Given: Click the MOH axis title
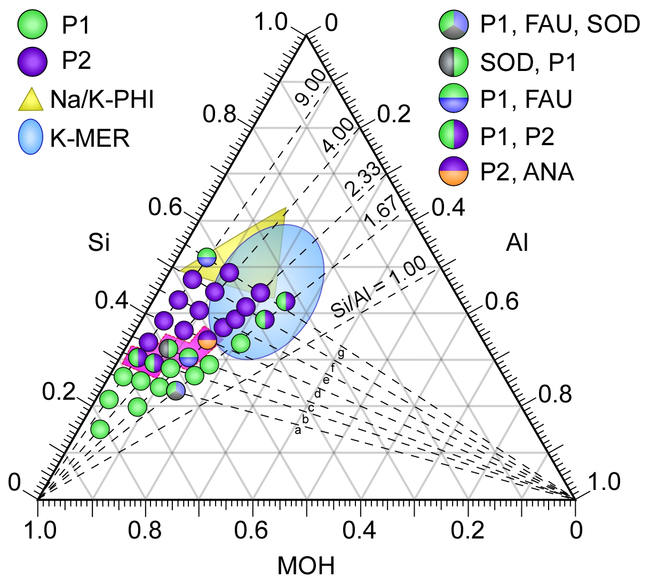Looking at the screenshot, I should pyautogui.click(x=306, y=566).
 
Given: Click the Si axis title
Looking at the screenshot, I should pyautogui.click(x=99, y=243).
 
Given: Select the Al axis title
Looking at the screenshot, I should pyautogui.click(x=517, y=243).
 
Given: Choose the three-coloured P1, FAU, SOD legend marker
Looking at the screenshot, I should pyautogui.click(x=454, y=25).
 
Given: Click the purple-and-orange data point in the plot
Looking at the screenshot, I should pyautogui.click(x=207, y=340).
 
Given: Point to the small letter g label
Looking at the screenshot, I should pyautogui.click(x=341, y=353).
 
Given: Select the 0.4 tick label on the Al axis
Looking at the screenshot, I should pyautogui.click(x=448, y=207).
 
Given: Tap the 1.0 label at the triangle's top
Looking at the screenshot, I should pyautogui.click(x=271, y=22).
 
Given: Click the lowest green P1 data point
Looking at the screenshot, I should pyautogui.click(x=100, y=429).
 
